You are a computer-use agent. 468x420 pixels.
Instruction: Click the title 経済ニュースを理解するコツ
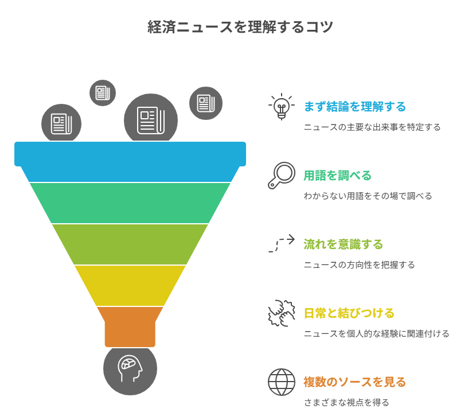coord(240,27)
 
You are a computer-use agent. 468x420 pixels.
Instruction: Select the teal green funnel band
coord(130,203)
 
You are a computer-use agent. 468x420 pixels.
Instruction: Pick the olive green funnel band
coord(130,244)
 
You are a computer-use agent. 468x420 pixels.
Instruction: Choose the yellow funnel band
coord(130,285)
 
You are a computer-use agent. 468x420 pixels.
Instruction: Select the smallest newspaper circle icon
coord(103,92)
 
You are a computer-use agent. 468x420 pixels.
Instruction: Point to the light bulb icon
coord(281,107)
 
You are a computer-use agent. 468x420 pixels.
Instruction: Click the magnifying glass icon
coord(281,176)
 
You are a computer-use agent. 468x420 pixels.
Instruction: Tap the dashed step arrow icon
coord(281,244)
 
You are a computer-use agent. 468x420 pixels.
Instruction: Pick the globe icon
coord(281,382)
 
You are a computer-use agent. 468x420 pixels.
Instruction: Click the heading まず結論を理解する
coord(354,107)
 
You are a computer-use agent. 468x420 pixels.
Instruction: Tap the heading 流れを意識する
coord(343,244)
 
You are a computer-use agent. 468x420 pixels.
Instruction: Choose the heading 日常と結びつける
coord(349,313)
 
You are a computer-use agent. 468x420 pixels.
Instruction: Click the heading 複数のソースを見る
coord(354,382)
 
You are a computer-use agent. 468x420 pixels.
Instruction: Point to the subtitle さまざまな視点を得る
coord(346,402)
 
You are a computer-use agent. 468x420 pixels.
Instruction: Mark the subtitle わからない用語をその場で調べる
coord(368,196)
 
